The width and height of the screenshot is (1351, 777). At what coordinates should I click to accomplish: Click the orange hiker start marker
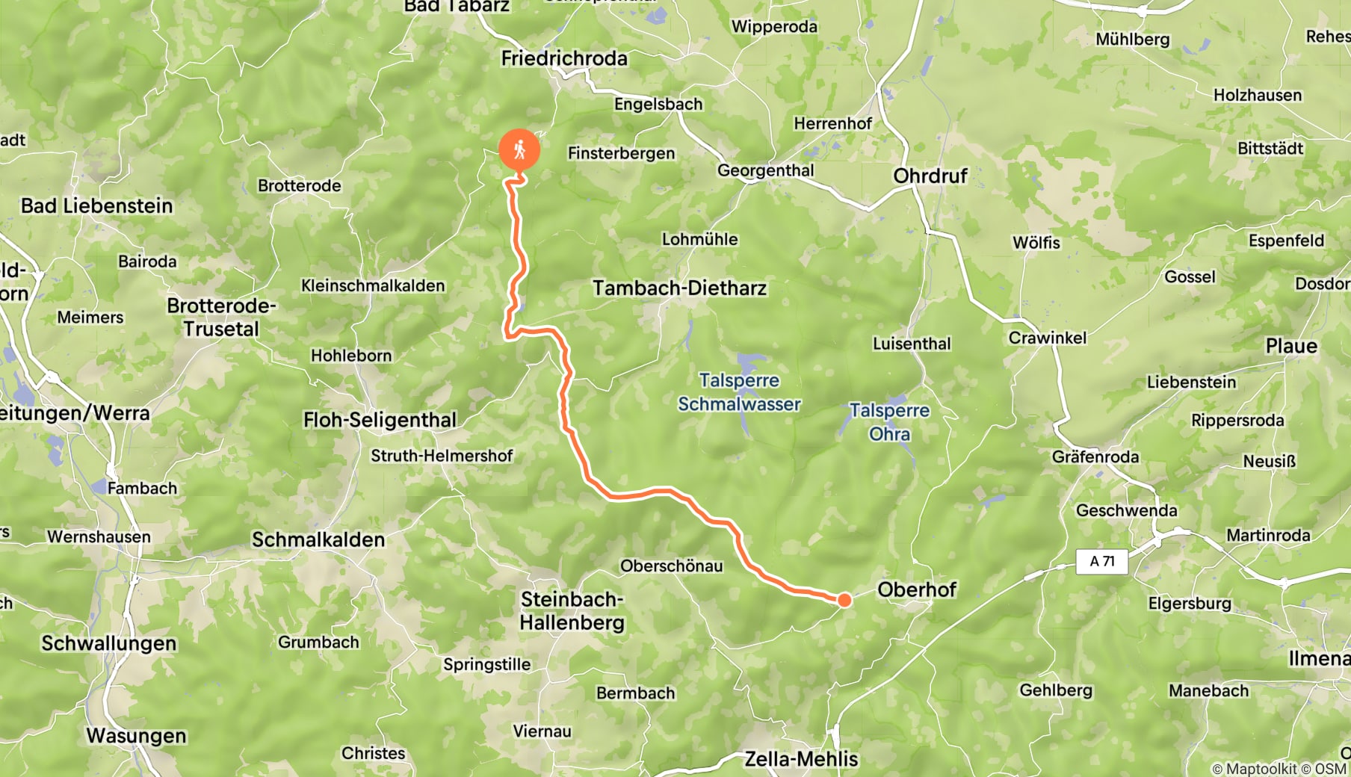pyautogui.click(x=519, y=150)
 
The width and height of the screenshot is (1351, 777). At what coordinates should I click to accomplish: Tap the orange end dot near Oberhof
pyautogui.click(x=844, y=599)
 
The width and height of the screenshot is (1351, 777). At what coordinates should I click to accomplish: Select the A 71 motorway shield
pyautogui.click(x=1101, y=561)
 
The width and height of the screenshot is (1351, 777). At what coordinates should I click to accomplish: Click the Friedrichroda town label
pyautogui.click(x=564, y=58)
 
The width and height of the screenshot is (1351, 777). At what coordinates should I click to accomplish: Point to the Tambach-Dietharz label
pyautogui.click(x=679, y=288)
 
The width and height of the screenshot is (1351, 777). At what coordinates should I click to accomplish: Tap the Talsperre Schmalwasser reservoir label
pyautogui.click(x=739, y=392)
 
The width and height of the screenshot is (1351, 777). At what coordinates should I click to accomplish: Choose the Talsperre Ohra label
pyautogui.click(x=889, y=422)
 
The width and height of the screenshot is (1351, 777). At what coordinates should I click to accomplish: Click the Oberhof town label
pyautogui.click(x=917, y=589)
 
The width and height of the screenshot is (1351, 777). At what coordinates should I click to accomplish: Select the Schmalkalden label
pyautogui.click(x=318, y=539)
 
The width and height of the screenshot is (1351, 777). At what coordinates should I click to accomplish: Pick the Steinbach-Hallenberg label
pyautogui.click(x=572, y=610)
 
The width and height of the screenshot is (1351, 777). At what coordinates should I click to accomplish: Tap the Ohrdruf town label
pyautogui.click(x=930, y=176)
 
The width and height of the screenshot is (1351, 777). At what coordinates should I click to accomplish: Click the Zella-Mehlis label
pyautogui.click(x=801, y=759)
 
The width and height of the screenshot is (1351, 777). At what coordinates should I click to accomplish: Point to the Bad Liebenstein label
pyautogui.click(x=96, y=205)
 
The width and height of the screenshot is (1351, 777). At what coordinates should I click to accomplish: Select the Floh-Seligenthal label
pyautogui.click(x=380, y=420)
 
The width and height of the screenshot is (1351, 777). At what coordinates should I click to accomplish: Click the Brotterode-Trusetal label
pyautogui.click(x=221, y=317)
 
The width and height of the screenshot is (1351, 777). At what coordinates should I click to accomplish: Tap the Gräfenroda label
pyautogui.click(x=1095, y=456)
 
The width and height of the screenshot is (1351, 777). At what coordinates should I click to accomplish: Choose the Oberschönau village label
pyautogui.click(x=672, y=566)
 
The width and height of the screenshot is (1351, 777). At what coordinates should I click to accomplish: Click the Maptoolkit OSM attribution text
pyautogui.click(x=1279, y=768)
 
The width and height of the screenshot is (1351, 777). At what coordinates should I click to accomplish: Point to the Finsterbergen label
pyautogui.click(x=621, y=153)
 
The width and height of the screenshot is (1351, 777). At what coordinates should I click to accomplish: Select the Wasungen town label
pyautogui.click(x=136, y=736)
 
